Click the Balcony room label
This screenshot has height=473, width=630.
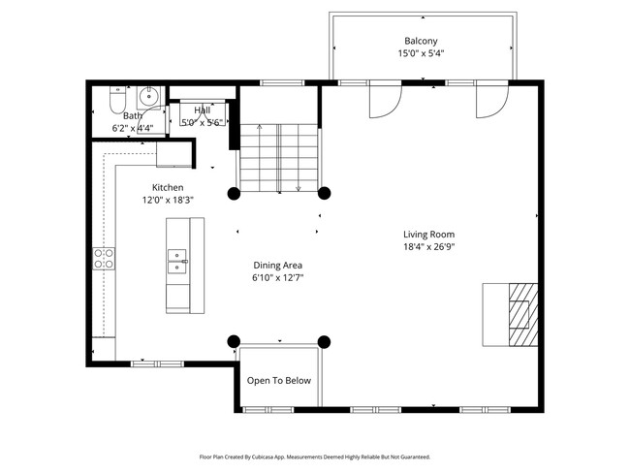pyautogui.click(x=421, y=41)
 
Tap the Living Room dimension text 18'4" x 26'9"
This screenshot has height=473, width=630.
pyautogui.click(x=429, y=247)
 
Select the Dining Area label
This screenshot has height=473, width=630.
pyautogui.click(x=277, y=266)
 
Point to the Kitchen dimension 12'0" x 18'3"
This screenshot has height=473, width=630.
pyautogui.click(x=168, y=200)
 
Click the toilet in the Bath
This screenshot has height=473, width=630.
pyautogui.click(x=118, y=100)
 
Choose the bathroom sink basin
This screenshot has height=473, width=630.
pyautogui.click(x=149, y=96)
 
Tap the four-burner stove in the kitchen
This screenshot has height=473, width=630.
pyautogui.click(x=104, y=259)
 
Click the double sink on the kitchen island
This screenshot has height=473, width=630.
pyautogui.click(x=177, y=262)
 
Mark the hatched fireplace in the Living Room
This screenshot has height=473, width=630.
pyautogui.click(x=523, y=315)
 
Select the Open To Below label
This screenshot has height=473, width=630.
pyautogui.click(x=279, y=381)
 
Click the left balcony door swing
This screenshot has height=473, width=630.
pyautogui.click(x=386, y=99)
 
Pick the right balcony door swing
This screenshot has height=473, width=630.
pyautogui.click(x=492, y=99)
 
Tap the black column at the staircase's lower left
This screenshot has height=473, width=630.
pyautogui.click(x=234, y=193)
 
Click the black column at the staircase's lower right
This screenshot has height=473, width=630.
pyautogui.click(x=325, y=193)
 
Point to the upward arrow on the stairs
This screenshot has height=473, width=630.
pyautogui.click(x=259, y=158)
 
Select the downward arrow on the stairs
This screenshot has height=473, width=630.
pyautogui.click(x=299, y=158)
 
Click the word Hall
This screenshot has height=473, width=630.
pyautogui.click(x=203, y=110)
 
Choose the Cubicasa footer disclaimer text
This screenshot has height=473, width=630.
pyautogui.click(x=315, y=457)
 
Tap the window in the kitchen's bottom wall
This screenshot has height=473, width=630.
pyautogui.click(x=157, y=364)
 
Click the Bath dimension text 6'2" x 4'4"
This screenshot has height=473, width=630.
pyautogui.click(x=133, y=129)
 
